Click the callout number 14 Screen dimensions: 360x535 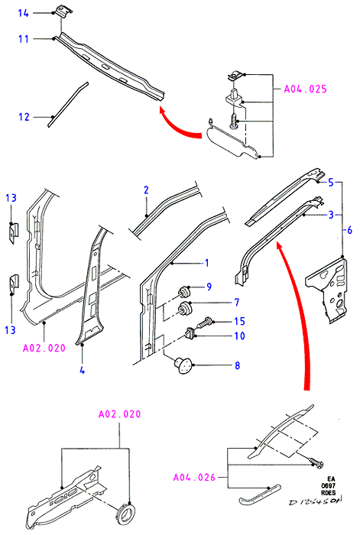pos(23,13)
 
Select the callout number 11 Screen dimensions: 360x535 pos(23,39)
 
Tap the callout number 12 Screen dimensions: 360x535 pos(24,117)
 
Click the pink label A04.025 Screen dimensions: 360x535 pos(306,89)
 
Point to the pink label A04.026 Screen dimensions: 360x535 pos(194,477)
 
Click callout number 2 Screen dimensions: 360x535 pos(147,190)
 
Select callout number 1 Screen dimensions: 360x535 pos(206,263)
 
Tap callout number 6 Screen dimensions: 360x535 pos(349,230)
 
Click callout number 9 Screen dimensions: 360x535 pos(209,287)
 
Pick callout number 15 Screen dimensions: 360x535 pos(239,321)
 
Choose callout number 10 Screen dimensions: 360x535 pos(239,336)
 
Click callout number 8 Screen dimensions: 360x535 pos(237,366)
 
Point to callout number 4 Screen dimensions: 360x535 pos(83,370)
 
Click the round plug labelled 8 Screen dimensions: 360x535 pos(183,365)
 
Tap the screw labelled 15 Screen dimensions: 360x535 pos(204,323)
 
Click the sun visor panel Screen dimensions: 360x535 pos(234,141)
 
